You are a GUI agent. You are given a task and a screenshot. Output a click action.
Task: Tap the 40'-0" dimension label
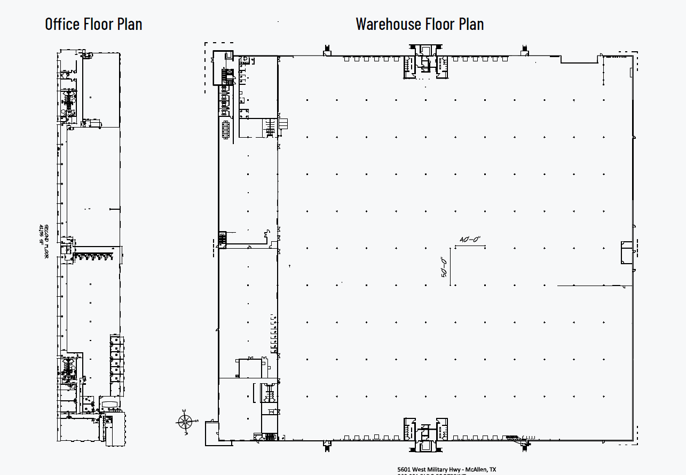pyautogui.click(x=470, y=240)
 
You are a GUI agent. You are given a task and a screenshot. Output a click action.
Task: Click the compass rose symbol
pyautogui.click(x=184, y=422)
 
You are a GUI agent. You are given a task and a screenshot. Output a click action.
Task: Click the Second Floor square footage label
pyautogui.click(x=42, y=240)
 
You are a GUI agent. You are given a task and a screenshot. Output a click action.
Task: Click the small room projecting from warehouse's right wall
pyautogui.click(x=626, y=252)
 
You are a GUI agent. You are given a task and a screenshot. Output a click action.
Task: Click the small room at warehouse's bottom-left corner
pyautogui.click(x=211, y=433)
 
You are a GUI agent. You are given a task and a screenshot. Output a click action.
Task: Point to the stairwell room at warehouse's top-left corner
pyautogui.click(x=223, y=67)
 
